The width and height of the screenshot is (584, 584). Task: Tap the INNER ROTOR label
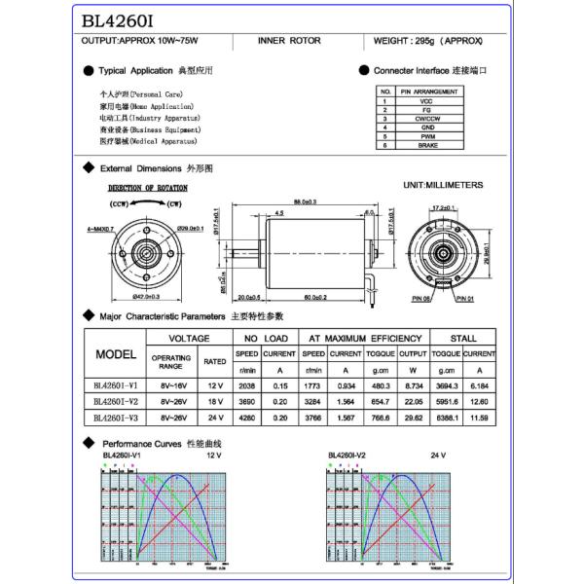pos(282,42)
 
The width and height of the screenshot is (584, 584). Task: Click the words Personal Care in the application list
pos(146,94)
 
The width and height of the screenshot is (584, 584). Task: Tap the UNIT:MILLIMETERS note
pos(442,184)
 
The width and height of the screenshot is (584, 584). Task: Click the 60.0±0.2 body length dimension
pos(313,297)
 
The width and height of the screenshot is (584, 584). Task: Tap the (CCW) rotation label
pos(119,204)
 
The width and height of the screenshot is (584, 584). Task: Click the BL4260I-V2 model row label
pos(116,400)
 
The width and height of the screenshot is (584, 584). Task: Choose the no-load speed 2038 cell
pos(246,384)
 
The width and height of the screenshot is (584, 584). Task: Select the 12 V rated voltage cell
pos(215,384)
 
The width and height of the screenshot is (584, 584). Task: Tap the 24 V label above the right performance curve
pos(439,456)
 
